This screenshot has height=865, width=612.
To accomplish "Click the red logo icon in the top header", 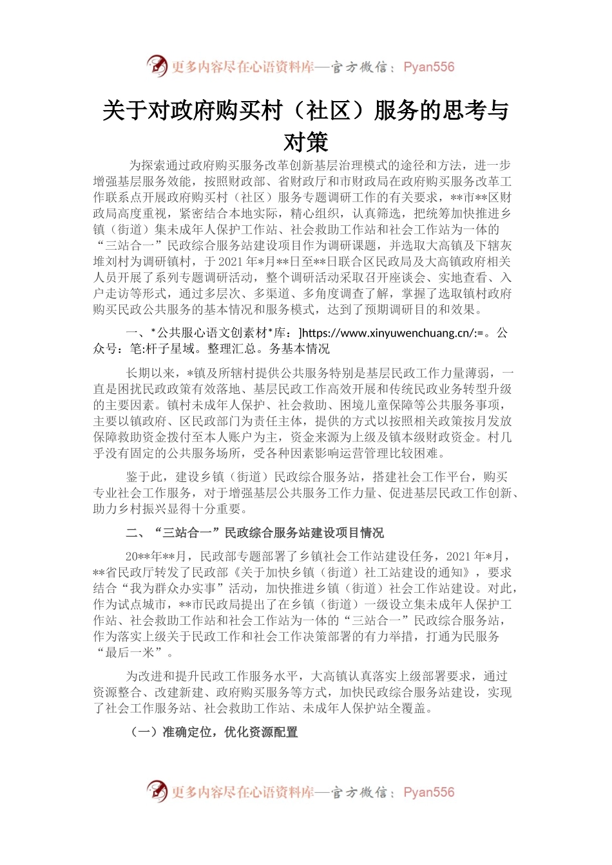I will click(x=157, y=66).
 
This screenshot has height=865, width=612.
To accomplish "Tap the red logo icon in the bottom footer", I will click(x=157, y=791).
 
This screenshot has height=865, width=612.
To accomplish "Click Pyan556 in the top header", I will click(x=428, y=67).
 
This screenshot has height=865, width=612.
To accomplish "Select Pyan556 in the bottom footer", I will click(x=428, y=792).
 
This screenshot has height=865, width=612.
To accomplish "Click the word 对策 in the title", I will click(x=306, y=142).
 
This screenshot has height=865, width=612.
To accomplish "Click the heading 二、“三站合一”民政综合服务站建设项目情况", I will click(x=254, y=532).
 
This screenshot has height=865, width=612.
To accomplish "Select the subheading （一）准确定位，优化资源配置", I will click(x=214, y=732).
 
